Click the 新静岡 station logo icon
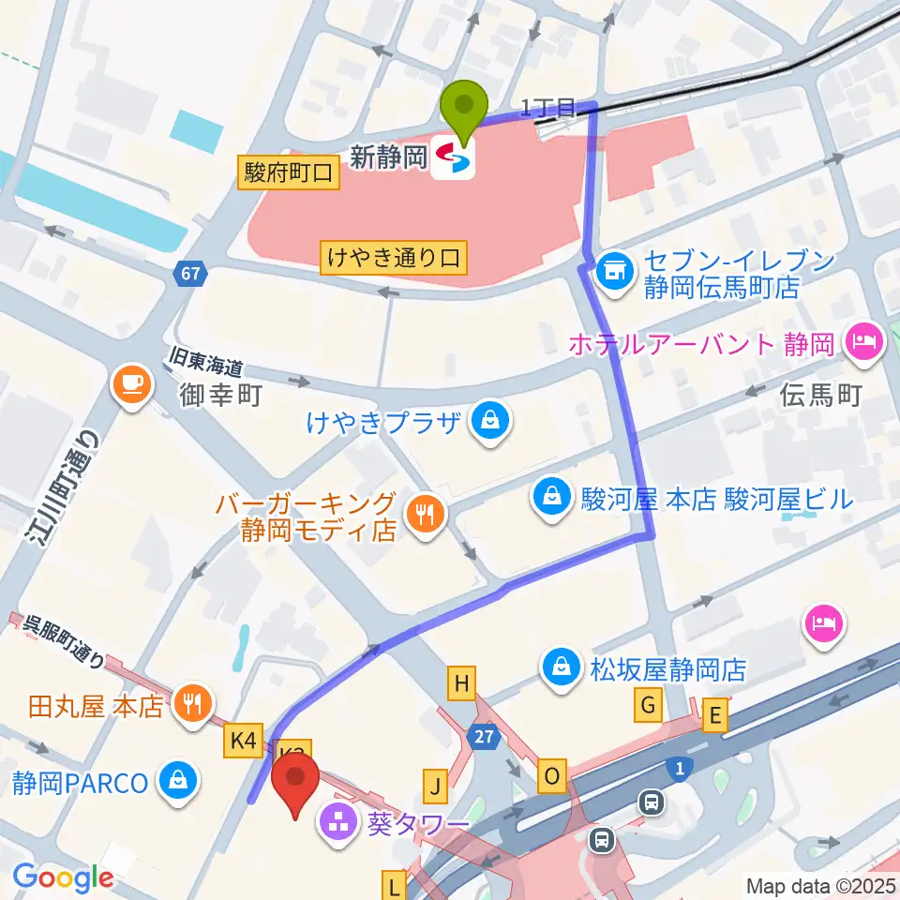tap(454, 158)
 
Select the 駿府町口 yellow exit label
tap(289, 172)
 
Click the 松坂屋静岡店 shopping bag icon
tap(561, 668)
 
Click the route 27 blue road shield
tap(484, 737)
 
